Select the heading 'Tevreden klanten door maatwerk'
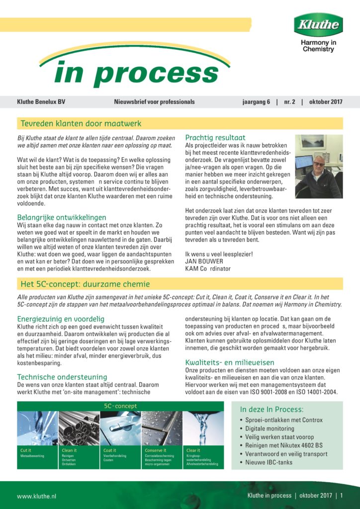point(81,123)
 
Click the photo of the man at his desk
point(318,166)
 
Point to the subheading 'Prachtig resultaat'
point(215,138)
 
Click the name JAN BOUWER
point(204,261)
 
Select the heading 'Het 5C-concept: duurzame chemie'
point(85,284)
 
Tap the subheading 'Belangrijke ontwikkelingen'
point(62,217)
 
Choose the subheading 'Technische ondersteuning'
point(62,377)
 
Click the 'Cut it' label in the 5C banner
point(25,450)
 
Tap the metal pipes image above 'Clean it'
point(79,428)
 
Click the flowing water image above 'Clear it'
point(203,428)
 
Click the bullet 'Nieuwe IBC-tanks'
point(269,462)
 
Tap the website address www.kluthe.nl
point(37,496)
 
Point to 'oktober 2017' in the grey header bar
point(325,102)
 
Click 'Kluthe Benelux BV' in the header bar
point(41,102)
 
